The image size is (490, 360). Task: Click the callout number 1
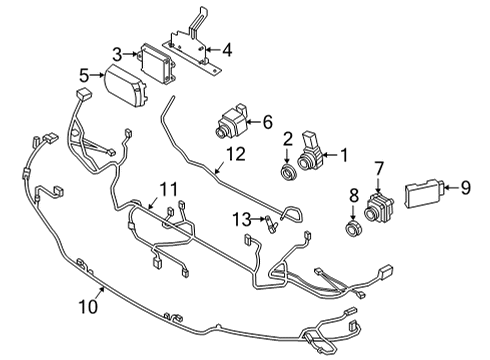pos(343,155)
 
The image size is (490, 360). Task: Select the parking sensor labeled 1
pos(312,152)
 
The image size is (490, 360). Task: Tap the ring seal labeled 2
pos(288,171)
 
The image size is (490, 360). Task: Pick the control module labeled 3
pos(156,64)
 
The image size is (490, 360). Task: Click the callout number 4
pos(227,50)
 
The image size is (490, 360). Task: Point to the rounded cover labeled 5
pos(126,86)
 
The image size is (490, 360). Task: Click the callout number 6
pos(267,122)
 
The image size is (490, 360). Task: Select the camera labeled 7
pos(379,206)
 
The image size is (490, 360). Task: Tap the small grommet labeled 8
pos(353,229)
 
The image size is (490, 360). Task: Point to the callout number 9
pos(465,188)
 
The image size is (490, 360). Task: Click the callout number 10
pos(89,306)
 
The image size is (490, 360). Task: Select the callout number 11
pos(168,190)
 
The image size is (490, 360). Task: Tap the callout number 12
pos(236,154)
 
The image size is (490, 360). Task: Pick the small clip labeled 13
pos(270,224)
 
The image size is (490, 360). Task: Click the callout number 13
pos(242,219)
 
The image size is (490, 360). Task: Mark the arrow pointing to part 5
pos(98,75)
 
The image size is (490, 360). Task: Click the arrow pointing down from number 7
pos(378,185)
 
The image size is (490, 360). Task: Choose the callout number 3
pos(117,54)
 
